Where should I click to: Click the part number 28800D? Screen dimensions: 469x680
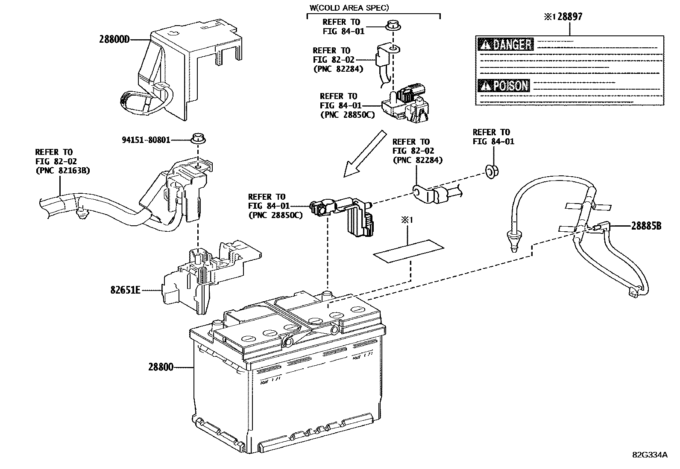114,40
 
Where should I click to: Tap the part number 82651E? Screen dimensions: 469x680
125,290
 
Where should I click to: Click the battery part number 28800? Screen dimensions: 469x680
161,367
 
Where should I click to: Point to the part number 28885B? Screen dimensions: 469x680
646,226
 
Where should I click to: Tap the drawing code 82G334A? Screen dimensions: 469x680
650,454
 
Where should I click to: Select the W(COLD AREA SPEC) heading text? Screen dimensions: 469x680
349,7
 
